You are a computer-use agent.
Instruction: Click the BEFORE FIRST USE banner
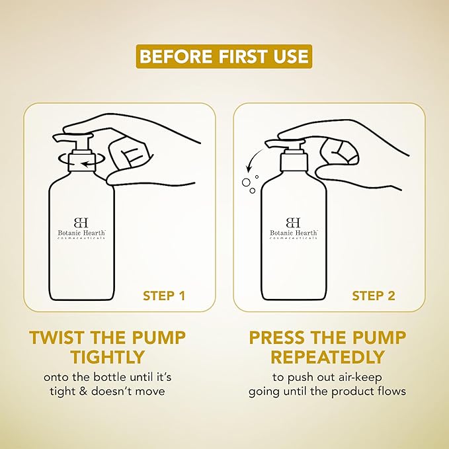click(224, 56)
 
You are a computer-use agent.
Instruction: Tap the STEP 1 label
click(164, 296)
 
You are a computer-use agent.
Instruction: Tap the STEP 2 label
click(374, 296)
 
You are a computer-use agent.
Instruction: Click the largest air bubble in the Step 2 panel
click(246, 183)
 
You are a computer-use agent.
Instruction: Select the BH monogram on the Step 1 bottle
click(81, 222)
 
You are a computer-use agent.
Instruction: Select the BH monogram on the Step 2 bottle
click(293, 222)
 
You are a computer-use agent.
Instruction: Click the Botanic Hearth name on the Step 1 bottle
click(81, 233)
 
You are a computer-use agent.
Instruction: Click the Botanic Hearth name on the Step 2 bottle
click(294, 233)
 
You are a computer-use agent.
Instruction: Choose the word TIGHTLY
click(107, 357)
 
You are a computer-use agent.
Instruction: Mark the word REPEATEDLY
click(327, 357)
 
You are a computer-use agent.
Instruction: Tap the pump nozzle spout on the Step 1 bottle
click(60, 138)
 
